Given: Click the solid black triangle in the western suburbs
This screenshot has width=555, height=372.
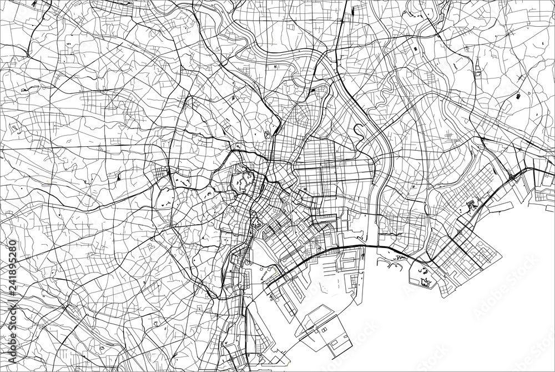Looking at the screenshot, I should [119, 177].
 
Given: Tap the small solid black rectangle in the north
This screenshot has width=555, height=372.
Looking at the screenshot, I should [415, 49].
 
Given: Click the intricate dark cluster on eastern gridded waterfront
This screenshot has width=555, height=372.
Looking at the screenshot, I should [472, 206].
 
